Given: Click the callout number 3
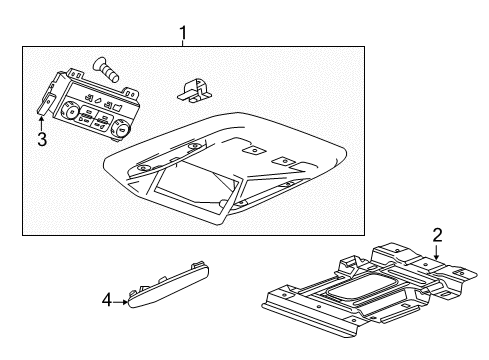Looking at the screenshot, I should (x=42, y=139).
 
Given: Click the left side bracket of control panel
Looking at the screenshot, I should (x=47, y=103).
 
